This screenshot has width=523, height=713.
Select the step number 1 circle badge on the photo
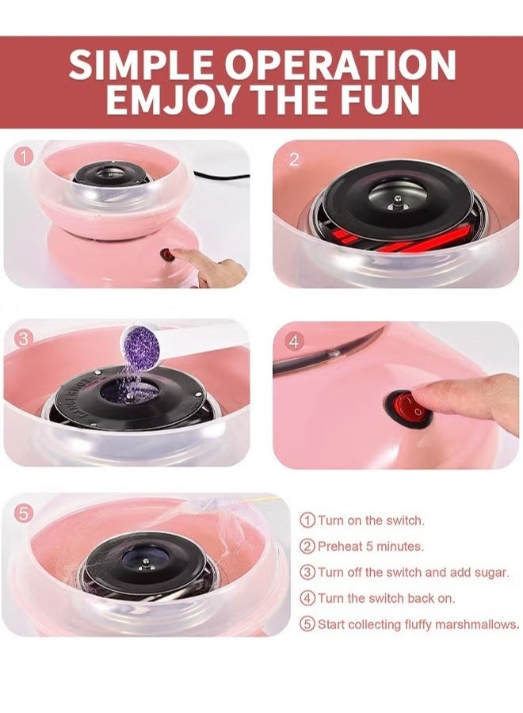tap(25, 157)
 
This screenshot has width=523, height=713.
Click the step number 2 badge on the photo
tap(294, 159)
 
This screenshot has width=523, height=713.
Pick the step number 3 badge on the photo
tap(24, 338)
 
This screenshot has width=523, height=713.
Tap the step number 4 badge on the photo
tap(294, 342)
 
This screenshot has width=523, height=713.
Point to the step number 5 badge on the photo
tap(24, 513)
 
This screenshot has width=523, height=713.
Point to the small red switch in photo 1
tap(167, 256)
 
